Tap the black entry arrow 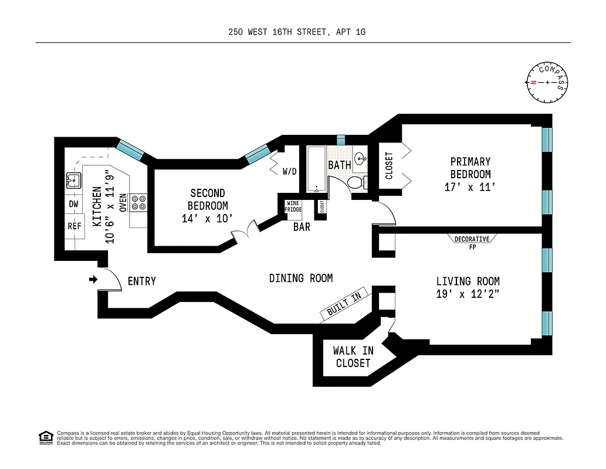(93, 280)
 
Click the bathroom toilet (356, 183)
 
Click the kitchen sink (73, 180)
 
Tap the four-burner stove (138, 203)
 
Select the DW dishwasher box (73, 204)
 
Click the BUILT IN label (344, 304)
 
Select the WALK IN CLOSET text (353, 357)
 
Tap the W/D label (289, 172)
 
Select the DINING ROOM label (301, 278)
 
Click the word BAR (302, 227)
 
